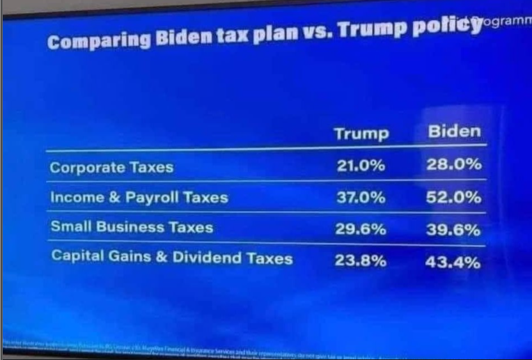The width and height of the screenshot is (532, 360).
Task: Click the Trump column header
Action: click(361, 134)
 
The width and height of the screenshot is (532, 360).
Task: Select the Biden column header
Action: click(454, 132)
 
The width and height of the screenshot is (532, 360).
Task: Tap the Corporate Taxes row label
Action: click(111, 168)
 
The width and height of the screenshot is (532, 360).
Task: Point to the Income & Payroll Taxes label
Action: click(139, 198)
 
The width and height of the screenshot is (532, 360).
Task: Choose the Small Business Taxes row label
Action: click(132, 228)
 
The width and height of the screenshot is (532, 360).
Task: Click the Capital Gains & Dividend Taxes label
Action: click(172, 258)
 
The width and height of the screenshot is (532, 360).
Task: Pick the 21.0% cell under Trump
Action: click(360, 166)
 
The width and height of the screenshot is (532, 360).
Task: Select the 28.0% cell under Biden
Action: click(454, 165)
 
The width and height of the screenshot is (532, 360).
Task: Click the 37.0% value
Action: click(361, 198)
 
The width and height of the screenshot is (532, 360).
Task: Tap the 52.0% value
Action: click(454, 198)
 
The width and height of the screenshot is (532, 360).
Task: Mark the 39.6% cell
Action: click(454, 230)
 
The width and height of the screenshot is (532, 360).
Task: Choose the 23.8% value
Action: click(361, 261)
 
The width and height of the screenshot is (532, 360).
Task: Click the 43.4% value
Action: click(454, 263)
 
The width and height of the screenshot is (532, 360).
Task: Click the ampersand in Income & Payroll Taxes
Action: click(115, 198)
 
